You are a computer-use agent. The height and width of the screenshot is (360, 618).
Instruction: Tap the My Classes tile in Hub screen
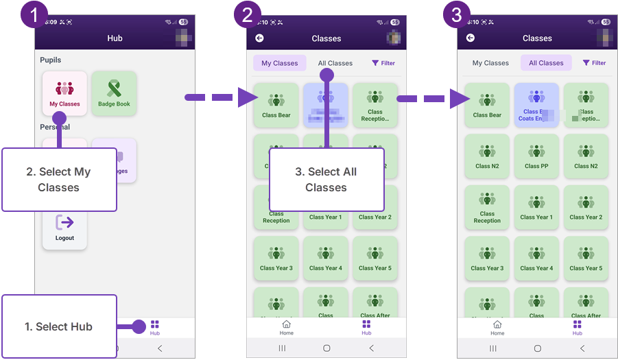click(64, 93)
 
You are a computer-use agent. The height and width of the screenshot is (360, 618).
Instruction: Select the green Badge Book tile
click(114, 93)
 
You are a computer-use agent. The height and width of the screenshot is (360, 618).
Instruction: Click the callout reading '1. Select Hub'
click(59, 326)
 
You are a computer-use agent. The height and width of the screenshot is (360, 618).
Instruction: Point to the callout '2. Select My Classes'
click(59, 180)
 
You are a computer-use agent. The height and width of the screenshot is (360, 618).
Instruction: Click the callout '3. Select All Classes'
click(326, 180)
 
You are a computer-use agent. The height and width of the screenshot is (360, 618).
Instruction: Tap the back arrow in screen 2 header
click(259, 38)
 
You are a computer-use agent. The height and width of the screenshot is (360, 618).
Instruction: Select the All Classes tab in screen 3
click(546, 63)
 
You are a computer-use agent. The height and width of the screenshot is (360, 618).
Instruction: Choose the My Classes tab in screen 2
click(280, 63)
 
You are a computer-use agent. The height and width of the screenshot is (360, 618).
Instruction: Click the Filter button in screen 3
click(594, 63)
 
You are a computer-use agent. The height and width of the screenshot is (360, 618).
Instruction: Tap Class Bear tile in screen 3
click(487, 105)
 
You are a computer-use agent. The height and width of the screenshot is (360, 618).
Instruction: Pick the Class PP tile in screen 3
click(536, 156)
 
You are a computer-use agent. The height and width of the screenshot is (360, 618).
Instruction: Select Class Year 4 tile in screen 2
click(326, 258)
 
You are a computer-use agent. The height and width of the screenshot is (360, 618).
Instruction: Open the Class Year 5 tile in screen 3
click(586, 258)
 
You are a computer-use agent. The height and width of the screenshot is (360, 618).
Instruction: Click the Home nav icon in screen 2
click(287, 327)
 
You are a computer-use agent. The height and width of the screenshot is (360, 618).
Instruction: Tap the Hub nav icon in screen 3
click(578, 327)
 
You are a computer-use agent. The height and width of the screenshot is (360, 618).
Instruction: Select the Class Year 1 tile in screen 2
click(326, 207)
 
